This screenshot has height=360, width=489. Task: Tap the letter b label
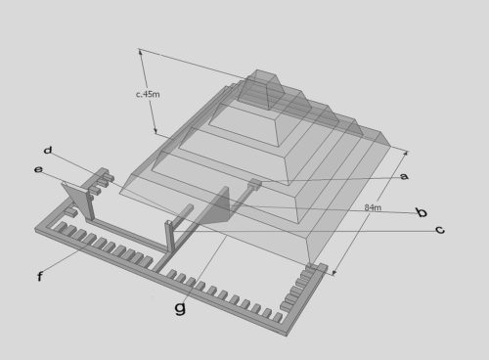421,212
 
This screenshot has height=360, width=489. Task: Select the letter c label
440,230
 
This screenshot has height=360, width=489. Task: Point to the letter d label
48,150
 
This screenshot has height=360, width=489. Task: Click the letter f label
39,278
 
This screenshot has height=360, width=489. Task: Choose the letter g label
179,307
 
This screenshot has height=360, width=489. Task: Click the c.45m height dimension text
149,95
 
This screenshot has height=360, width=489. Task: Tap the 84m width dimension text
372,208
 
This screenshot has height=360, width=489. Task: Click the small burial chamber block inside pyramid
255,183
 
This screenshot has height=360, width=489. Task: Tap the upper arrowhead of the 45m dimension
142,52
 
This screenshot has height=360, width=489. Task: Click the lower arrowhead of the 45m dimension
156,132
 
